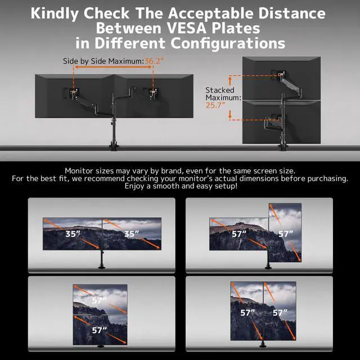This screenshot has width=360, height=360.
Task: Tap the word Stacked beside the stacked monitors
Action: [x=219, y=90]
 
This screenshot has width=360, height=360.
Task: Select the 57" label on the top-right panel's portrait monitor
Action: [x=286, y=233]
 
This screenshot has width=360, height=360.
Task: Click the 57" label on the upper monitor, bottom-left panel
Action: [x=99, y=300]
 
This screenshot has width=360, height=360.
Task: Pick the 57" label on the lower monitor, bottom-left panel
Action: [x=99, y=330]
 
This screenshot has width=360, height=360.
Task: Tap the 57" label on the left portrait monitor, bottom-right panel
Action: [x=247, y=312]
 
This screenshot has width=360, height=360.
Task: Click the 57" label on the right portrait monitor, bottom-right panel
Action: [x=280, y=312]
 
